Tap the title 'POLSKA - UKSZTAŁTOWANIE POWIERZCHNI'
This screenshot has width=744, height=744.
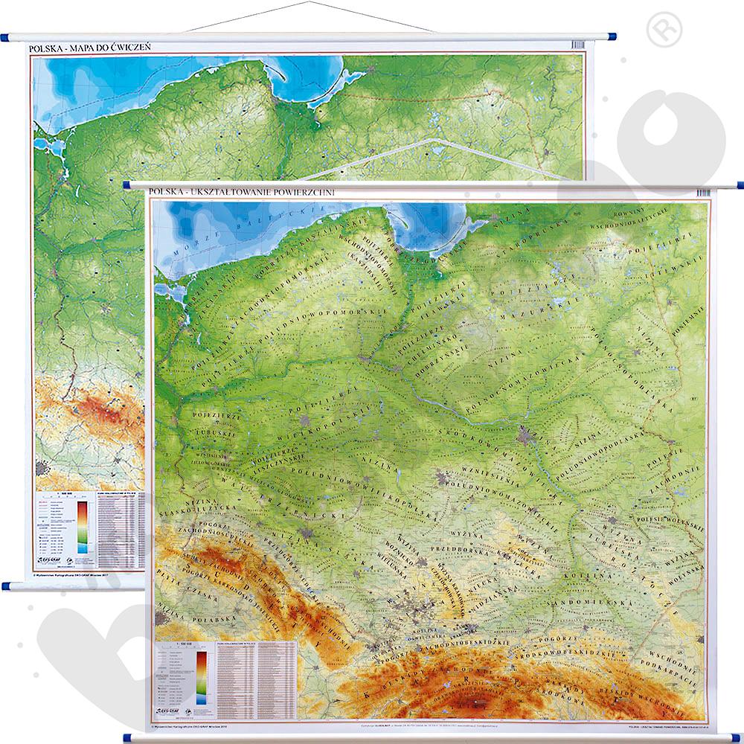[x=242, y=192]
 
